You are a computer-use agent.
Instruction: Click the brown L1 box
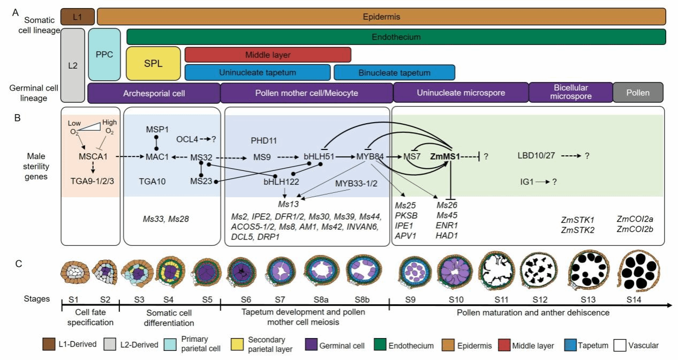click(x=78, y=17)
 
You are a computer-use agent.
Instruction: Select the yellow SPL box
click(x=153, y=63)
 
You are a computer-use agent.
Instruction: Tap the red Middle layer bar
click(x=267, y=55)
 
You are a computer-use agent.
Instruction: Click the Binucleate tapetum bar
click(x=394, y=72)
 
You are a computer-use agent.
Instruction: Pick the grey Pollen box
click(x=638, y=93)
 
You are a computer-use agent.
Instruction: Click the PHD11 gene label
click(x=263, y=140)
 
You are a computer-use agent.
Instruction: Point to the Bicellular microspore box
click(x=570, y=92)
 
